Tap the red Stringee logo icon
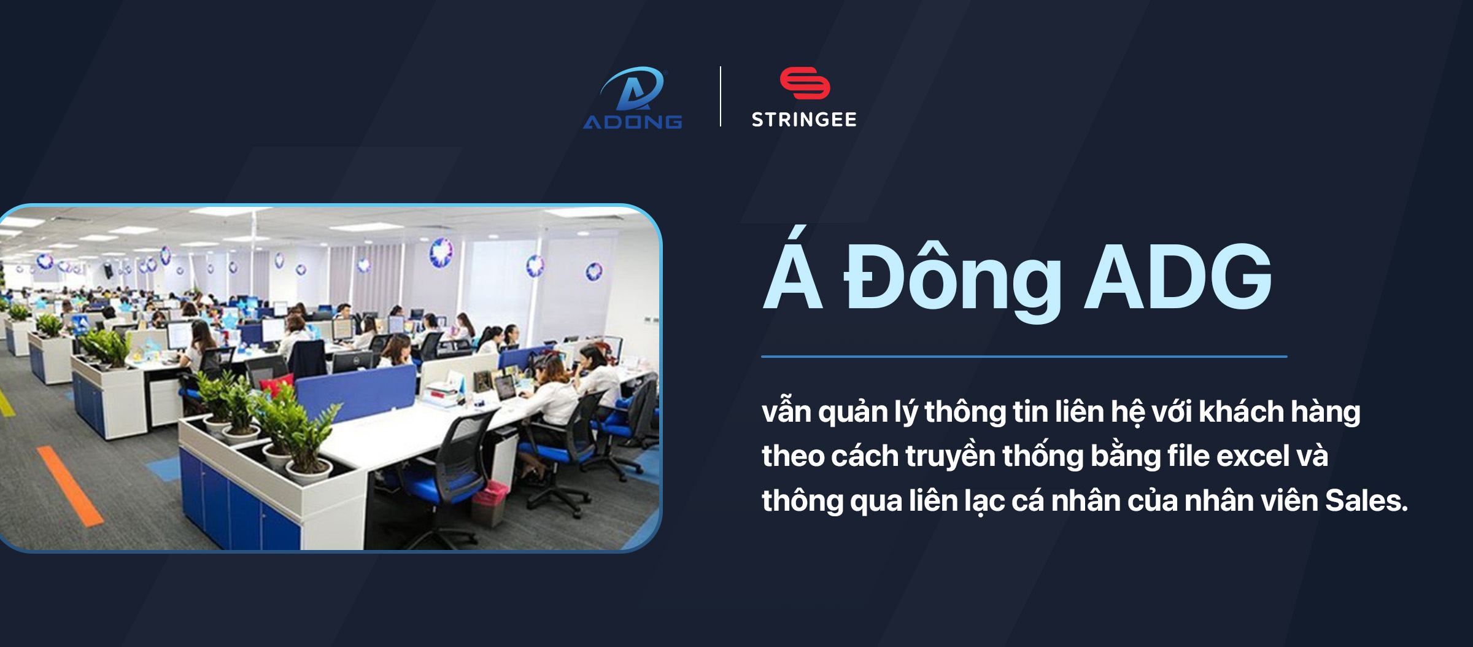coord(805,83)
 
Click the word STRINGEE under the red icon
coord(804,120)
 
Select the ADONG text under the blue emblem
coord(632,122)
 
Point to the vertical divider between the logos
coord(721,96)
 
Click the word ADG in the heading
coord(1178,277)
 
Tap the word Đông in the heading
coord(953,279)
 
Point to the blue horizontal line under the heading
coord(1024,356)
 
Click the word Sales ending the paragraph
coord(1366,500)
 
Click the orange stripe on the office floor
coord(70,486)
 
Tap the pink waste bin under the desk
coord(489,503)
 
